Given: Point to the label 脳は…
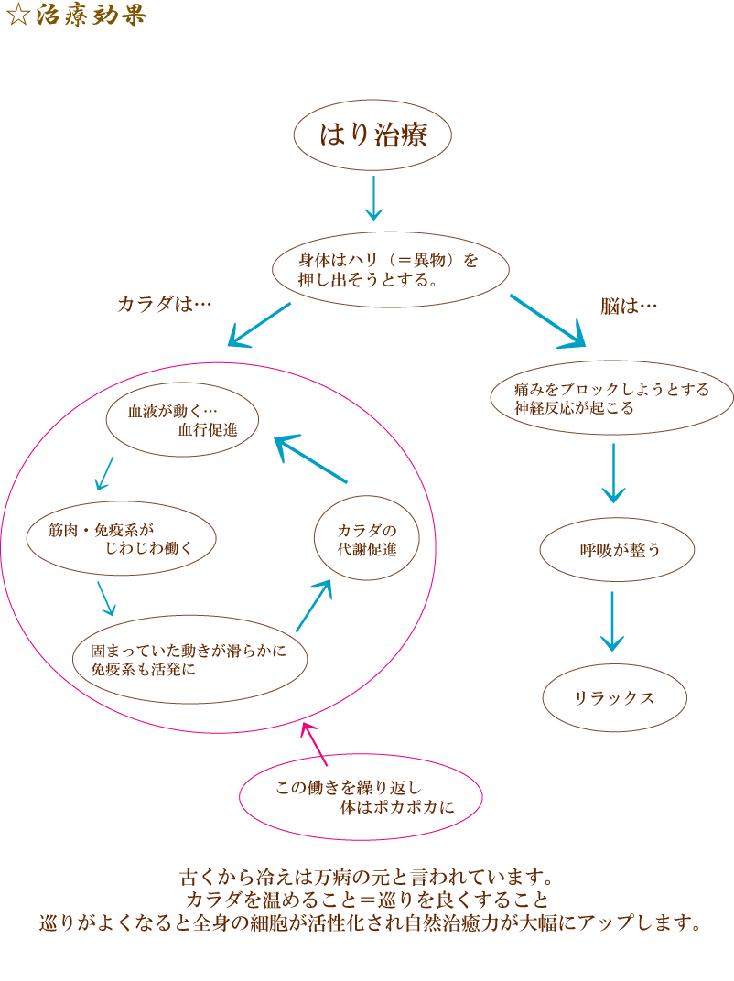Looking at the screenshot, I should pos(629,306).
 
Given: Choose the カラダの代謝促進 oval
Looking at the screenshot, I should pos(365,541).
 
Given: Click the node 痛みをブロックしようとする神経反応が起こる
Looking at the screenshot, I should pos(612,398).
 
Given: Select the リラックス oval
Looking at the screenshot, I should pos(614,697).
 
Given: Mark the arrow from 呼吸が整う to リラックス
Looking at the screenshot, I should pos(612,622).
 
